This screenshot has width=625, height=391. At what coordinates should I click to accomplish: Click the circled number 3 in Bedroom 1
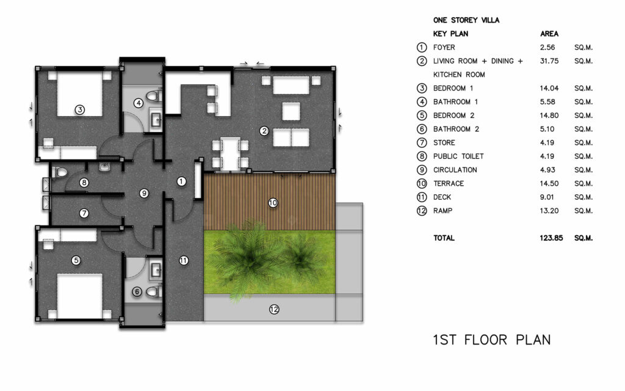pos(80,109)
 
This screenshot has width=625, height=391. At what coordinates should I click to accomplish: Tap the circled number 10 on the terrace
pos(273,203)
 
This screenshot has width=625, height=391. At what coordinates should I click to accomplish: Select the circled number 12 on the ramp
pos(274,309)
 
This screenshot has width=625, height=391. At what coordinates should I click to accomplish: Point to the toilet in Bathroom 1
pos(153,96)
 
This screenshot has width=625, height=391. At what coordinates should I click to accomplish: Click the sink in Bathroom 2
pos(156,271)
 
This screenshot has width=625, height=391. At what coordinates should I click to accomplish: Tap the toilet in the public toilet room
pos(60,172)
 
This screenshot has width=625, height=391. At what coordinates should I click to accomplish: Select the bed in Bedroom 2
pos(80,296)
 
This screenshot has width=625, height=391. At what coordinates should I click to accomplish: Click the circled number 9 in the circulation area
pos(144,194)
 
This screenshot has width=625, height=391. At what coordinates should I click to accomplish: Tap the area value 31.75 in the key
pos(549,61)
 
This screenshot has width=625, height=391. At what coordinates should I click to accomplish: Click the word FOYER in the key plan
pos(444,48)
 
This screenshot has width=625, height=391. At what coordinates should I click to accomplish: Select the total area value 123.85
pos(551,238)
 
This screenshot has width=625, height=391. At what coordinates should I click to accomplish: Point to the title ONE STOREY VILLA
pos(466,20)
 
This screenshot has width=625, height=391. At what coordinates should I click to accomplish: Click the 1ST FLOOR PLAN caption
pos(492,340)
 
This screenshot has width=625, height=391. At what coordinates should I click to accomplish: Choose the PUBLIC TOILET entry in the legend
pos(458,156)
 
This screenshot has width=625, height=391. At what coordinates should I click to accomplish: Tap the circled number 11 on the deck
pos(183,260)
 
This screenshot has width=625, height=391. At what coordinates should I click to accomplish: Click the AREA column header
pos(549,34)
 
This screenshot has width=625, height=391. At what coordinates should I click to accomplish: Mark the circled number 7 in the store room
pos(84,213)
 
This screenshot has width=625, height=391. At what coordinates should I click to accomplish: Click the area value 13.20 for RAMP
pos(549,211)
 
